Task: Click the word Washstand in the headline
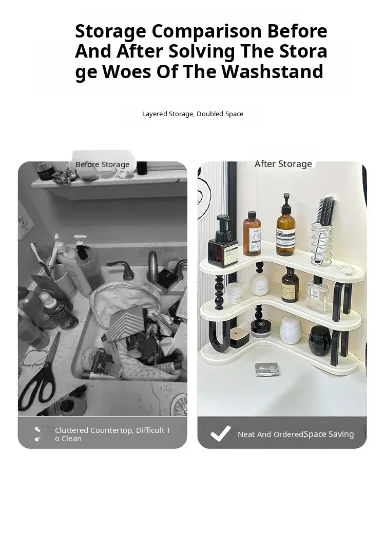pyautogui.click(x=272, y=71)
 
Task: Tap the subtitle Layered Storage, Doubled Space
pyautogui.click(x=192, y=114)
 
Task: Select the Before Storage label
pyautogui.click(x=102, y=165)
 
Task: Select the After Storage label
pyautogui.click(x=283, y=163)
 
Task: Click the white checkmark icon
pyautogui.click(x=220, y=433)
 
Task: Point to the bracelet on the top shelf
pyautogui.click(x=345, y=269)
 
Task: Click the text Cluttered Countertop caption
pyautogui.click(x=113, y=434)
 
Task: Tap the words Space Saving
pyautogui.click(x=329, y=434)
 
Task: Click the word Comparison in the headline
pyautogui.click(x=206, y=31)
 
